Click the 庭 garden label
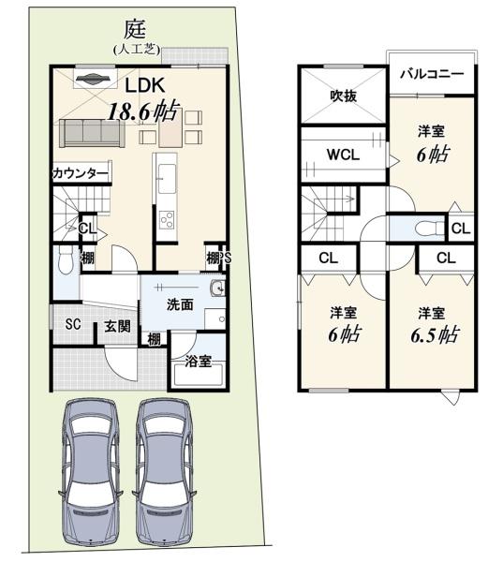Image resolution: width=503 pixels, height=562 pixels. (135, 30)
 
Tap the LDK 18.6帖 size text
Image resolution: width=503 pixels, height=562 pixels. (142, 111)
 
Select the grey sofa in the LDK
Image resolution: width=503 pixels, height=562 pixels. (93, 133)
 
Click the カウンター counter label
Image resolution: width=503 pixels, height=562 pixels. (81, 174)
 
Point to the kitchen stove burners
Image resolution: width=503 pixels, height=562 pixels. (167, 220)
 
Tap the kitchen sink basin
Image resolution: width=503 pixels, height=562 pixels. (167, 178)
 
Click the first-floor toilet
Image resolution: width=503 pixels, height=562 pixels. (66, 260)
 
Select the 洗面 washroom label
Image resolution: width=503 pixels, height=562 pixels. (180, 304)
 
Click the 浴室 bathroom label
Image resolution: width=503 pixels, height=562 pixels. (199, 362)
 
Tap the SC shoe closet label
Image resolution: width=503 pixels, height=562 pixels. (73, 324)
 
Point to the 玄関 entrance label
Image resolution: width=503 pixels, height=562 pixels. (117, 327)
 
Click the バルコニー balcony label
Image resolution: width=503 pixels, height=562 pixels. (432, 74)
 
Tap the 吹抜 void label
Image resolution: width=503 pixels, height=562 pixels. (343, 96)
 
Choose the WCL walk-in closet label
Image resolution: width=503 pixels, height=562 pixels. (343, 155)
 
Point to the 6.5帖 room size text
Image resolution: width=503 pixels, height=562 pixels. (435, 335)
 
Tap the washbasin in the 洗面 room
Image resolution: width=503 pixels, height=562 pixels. (217, 288)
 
